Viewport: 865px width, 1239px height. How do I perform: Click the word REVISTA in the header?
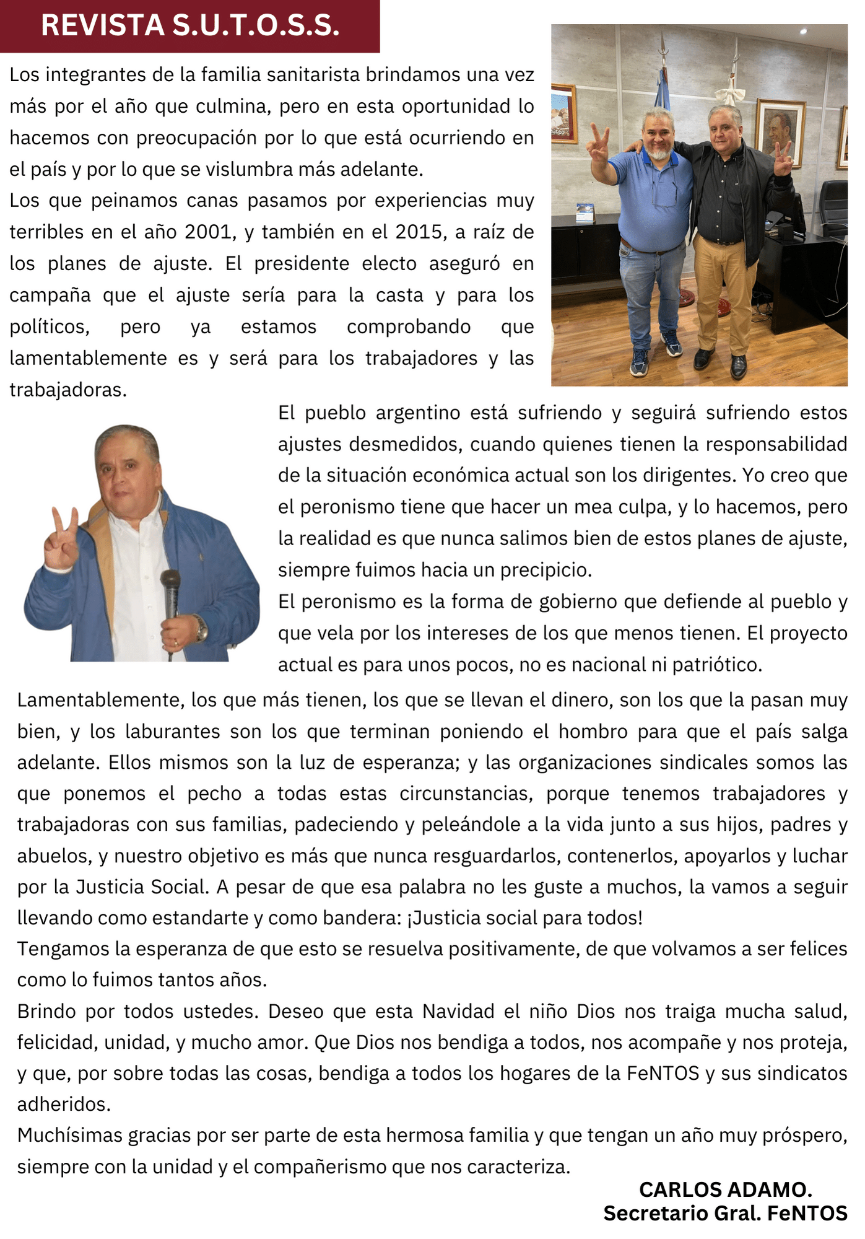(x=102, y=25)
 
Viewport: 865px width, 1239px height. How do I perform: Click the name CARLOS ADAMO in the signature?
(x=725, y=1189)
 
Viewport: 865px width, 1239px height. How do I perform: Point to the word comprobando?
(x=409, y=326)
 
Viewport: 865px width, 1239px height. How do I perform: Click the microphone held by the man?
(x=170, y=589)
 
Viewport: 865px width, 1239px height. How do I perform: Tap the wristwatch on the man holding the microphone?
(x=201, y=628)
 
